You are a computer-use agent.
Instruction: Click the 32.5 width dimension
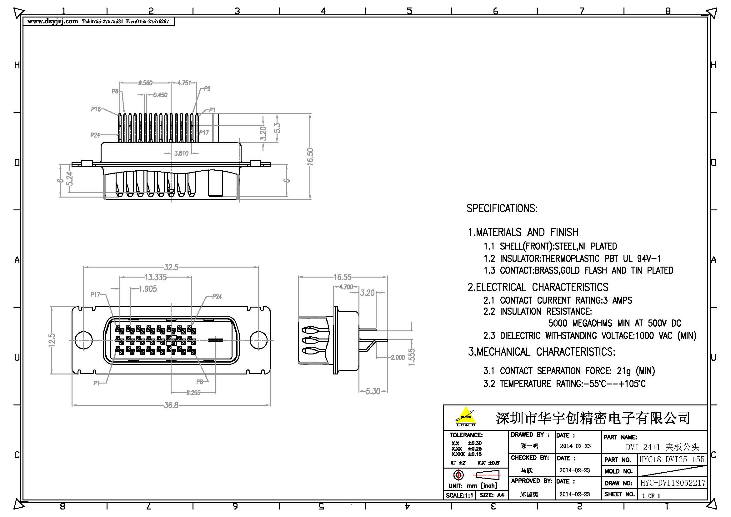point(171,268)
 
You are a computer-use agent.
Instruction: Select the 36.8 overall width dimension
point(171,405)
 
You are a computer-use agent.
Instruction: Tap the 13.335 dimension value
point(155,278)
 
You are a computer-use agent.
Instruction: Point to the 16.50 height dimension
point(310,156)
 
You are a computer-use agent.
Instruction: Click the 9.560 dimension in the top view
point(145,83)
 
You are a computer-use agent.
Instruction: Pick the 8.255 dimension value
point(193,393)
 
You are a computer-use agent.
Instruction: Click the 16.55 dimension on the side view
point(342,277)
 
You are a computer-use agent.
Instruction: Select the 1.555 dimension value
point(412,357)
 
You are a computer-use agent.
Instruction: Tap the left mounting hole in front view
point(83,340)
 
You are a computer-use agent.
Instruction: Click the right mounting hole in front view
point(258,340)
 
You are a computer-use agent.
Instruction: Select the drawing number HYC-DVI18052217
point(673,483)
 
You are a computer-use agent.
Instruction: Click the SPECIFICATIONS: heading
point(502,208)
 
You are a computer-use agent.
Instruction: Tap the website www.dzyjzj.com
point(53,21)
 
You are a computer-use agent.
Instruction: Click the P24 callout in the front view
point(217,297)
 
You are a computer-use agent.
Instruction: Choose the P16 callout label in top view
point(96,109)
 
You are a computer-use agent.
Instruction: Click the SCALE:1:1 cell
point(459,495)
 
